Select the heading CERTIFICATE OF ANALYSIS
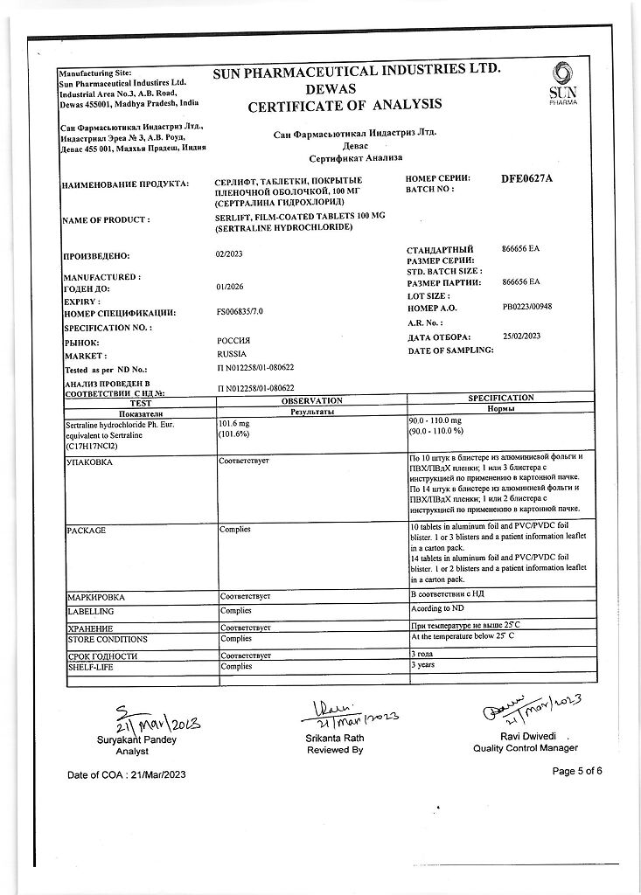(345, 106)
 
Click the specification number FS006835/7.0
(245, 312)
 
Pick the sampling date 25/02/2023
(523, 336)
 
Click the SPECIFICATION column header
(501, 398)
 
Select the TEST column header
(140, 404)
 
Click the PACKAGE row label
(87, 530)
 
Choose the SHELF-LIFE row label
(91, 667)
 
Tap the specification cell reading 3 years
(424, 666)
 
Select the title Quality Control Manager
(526, 748)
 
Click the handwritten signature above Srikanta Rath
(349, 712)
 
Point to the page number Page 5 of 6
(577, 770)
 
